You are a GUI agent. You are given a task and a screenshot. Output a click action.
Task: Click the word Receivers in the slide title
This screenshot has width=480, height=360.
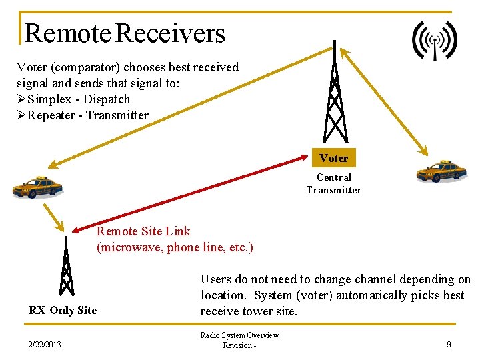click(171, 33)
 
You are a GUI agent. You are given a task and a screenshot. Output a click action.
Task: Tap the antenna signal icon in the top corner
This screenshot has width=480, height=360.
click(435, 41)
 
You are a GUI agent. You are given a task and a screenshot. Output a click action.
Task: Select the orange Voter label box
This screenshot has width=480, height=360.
click(333, 158)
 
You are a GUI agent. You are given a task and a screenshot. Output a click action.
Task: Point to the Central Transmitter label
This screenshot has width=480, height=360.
click(333, 183)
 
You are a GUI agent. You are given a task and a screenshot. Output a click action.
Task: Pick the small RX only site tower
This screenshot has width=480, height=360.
click(65, 267)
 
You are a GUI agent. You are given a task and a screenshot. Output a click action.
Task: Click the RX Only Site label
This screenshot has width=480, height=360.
click(63, 310)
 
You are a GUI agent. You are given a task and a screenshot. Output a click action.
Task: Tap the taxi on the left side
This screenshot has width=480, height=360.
click(38, 187)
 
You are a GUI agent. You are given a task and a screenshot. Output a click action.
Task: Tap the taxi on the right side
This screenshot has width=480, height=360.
click(441, 171)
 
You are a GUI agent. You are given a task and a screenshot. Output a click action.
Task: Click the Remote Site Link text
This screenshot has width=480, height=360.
click(143, 231)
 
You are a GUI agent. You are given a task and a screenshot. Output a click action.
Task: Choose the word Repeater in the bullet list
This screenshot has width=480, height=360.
click(53, 115)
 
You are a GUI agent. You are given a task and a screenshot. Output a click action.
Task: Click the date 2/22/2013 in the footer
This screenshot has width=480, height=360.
click(45, 344)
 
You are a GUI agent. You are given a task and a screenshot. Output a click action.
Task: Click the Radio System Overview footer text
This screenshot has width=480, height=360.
click(239, 335)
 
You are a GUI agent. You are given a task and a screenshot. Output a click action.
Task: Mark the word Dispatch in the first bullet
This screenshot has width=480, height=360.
click(108, 99)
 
